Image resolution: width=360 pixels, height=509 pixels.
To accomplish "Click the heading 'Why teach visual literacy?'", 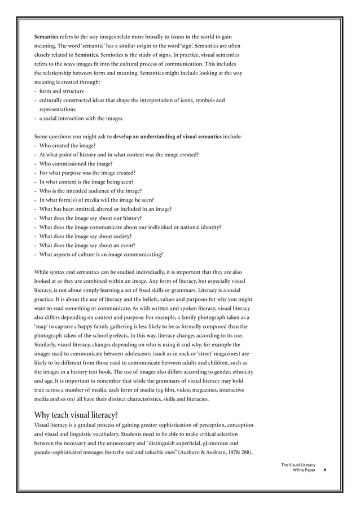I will (76, 415).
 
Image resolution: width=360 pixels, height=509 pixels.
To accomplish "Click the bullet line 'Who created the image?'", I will (67, 146).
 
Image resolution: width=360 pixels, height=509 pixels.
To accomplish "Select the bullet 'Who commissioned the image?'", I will (75, 164).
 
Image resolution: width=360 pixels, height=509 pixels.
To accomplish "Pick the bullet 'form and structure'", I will (62, 91).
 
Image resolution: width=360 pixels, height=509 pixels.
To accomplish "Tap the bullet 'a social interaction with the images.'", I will (81, 119).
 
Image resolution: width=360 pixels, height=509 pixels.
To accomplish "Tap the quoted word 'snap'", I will (42, 326).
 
